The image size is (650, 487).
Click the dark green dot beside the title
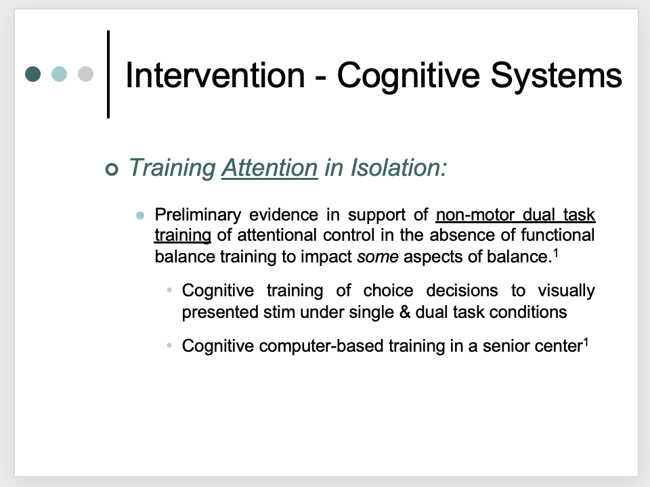32,74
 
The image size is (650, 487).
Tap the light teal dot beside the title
60,74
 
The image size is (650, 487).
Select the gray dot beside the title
85,74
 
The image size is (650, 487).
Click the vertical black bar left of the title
108,74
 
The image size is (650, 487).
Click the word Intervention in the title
215,75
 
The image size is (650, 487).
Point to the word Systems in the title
557,76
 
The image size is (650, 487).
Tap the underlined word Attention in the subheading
270,168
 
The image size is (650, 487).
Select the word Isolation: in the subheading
399,168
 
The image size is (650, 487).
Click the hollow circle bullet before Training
112,169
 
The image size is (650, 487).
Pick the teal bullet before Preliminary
140,215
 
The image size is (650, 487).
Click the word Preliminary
198,215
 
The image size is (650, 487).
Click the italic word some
378,257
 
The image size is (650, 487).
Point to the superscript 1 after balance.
556,252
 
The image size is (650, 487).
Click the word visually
566,291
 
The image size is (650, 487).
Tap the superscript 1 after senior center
586,342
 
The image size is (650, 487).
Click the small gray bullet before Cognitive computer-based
169,345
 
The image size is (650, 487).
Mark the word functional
557,235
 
